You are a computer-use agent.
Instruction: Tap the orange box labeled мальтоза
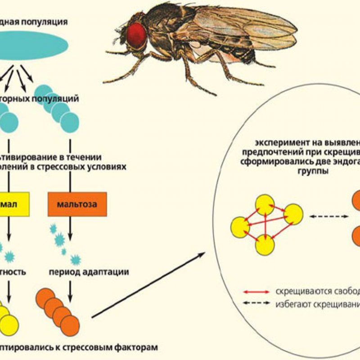coord(77,205)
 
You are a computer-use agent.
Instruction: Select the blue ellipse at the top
coord(36,44)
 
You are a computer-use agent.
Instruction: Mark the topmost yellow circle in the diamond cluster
coord(265,205)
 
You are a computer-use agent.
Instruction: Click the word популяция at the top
coord(47,21)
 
